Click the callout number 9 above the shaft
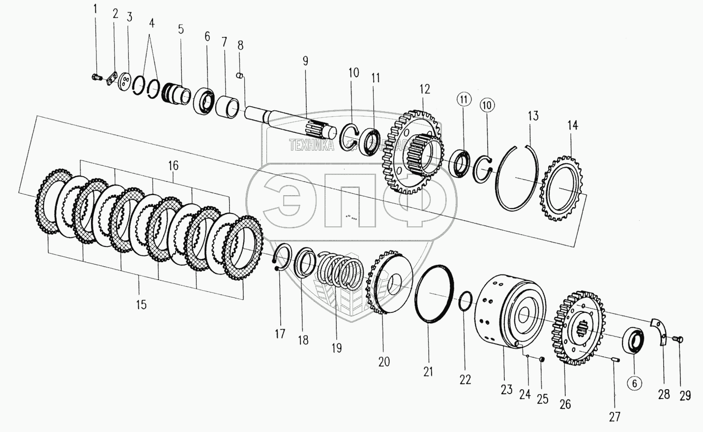point(305,61)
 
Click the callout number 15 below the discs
point(141,305)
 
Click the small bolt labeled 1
point(96,77)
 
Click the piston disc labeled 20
point(389,285)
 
